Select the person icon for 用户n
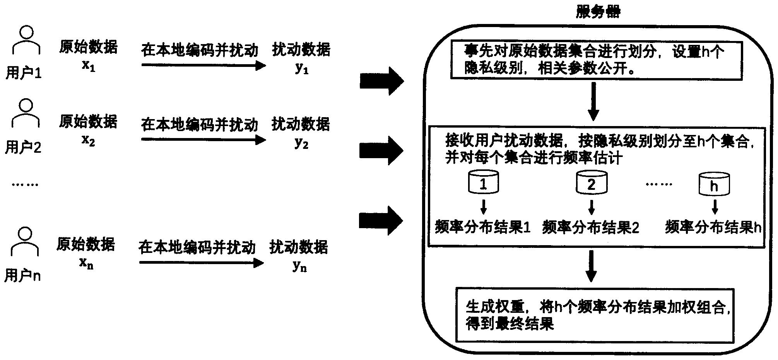[25, 242]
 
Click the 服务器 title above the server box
[597, 12]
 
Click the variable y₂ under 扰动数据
[301, 143]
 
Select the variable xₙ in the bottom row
[86, 263]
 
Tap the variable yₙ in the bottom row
[299, 266]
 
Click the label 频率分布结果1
[482, 227]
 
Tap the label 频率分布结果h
[713, 227]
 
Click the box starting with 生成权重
[595, 315]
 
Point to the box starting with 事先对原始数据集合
[596, 61]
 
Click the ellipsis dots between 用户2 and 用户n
[25, 184]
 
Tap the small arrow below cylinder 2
[591, 208]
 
